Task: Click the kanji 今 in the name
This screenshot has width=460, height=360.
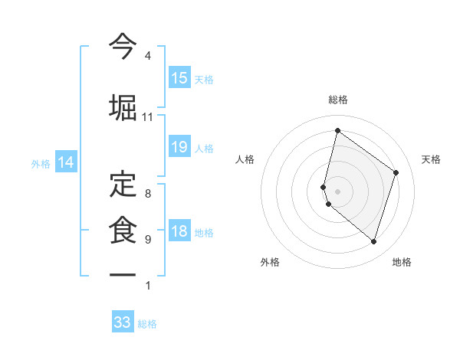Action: [x=123, y=45]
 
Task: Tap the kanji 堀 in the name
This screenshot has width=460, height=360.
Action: [x=123, y=106]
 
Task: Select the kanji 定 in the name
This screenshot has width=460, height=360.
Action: [x=123, y=183]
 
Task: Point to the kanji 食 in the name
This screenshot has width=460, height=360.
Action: [x=123, y=229]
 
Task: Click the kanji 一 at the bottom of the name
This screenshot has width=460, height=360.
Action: [x=123, y=274]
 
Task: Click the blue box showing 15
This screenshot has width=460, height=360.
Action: [x=179, y=78]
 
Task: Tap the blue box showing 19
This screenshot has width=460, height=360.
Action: [x=179, y=147]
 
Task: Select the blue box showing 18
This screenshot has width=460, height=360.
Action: [x=179, y=232]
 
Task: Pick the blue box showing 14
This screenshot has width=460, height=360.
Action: [x=66, y=162]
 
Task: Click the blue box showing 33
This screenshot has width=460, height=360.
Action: [x=123, y=322]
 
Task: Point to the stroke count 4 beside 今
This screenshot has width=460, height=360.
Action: [x=147, y=56]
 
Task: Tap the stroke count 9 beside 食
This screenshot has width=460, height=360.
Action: [x=147, y=240]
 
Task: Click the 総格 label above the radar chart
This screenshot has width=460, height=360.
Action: [x=338, y=100]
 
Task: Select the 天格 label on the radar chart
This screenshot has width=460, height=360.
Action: [x=431, y=159]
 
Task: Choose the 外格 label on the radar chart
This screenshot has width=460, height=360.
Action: [x=270, y=262]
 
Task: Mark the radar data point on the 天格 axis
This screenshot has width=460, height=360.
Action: [x=396, y=172]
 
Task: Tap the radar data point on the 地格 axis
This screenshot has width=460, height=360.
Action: [x=374, y=242]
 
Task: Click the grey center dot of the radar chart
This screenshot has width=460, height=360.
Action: [x=337, y=191]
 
